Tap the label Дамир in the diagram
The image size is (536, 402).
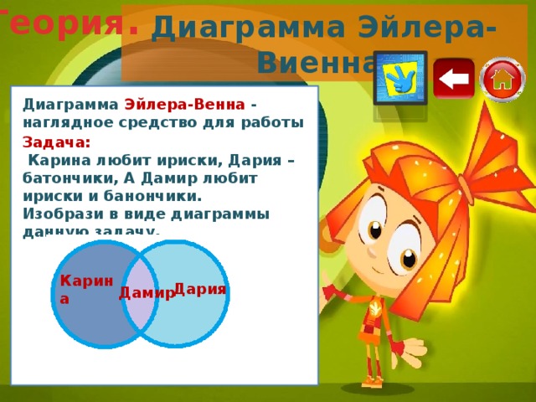tap(146, 292)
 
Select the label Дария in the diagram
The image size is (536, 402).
tap(200, 289)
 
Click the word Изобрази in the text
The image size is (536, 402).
tap(58, 214)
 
